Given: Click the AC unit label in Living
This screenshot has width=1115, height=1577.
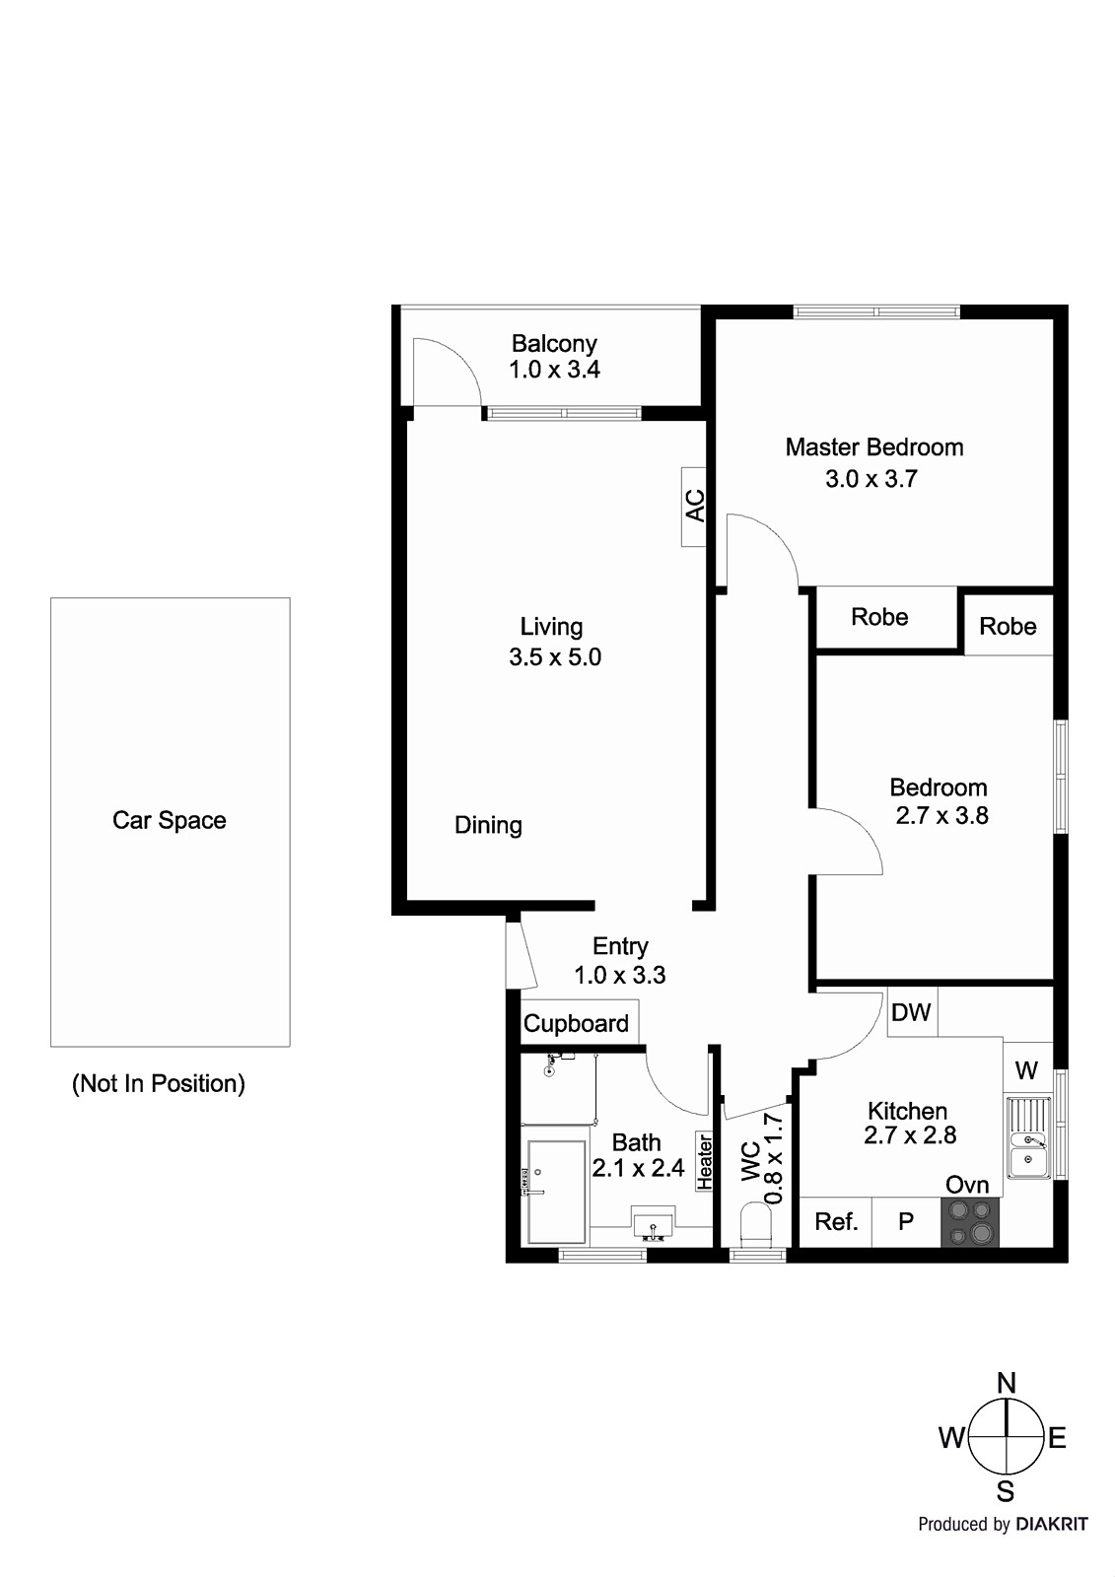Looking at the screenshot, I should (695, 506).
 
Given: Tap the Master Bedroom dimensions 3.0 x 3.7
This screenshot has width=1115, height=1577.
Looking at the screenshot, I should (871, 479).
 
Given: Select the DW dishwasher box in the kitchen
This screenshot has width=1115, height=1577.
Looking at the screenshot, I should (911, 1013).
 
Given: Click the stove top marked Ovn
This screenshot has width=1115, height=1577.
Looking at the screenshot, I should (969, 1222).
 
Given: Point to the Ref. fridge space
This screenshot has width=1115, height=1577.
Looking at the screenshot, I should (836, 1222).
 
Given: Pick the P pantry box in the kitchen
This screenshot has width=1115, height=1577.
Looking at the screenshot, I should (906, 1222).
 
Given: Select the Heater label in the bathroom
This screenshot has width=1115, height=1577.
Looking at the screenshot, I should (704, 1160).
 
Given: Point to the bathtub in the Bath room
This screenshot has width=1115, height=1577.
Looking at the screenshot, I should (556, 1192).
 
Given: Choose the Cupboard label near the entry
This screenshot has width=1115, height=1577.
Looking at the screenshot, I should (576, 1023).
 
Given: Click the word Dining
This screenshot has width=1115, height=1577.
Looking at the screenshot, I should (488, 825).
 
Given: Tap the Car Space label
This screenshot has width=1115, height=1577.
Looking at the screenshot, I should (170, 820).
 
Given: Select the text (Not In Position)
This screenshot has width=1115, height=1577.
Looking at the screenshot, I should (159, 1083).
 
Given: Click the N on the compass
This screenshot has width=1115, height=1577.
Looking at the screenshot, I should (1006, 1383).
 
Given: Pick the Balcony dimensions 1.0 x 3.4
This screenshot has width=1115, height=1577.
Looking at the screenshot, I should (554, 370).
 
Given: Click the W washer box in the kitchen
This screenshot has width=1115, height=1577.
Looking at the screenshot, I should (1026, 1069).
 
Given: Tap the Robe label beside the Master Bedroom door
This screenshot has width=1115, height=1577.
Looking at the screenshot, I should (879, 617).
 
